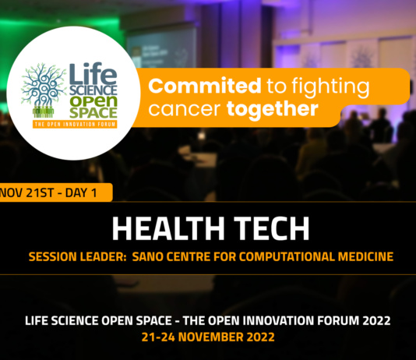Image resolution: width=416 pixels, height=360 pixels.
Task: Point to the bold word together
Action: coord(273,108)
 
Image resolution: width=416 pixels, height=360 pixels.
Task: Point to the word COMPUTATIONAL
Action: coord(277,255)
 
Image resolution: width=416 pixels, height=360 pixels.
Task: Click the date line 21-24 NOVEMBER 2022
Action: coord(208,338)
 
